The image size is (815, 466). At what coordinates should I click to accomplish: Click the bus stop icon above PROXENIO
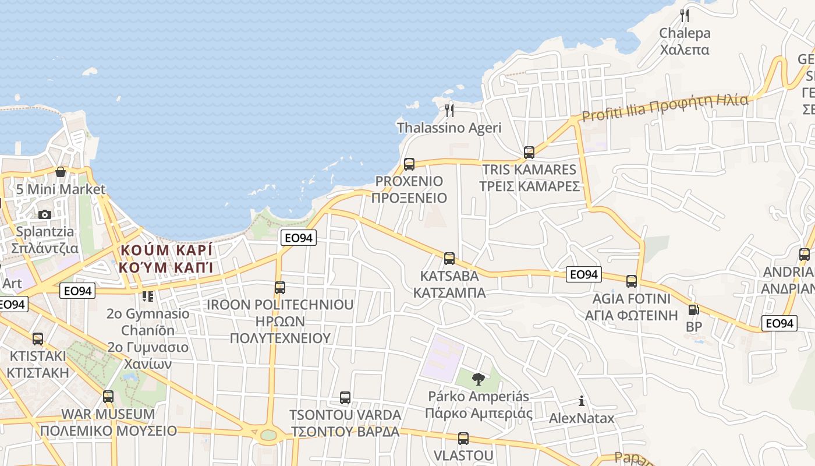click(409, 164)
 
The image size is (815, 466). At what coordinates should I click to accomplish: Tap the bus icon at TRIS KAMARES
click(529, 153)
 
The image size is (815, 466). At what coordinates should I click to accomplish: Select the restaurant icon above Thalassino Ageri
click(449, 110)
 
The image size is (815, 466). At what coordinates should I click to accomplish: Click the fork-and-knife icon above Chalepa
click(685, 16)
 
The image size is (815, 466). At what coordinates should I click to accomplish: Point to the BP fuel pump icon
click(693, 310)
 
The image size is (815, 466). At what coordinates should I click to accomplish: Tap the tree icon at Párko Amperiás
click(478, 379)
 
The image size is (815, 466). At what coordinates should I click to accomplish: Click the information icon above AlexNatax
click(581, 401)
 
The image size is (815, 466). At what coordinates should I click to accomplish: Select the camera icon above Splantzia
click(45, 214)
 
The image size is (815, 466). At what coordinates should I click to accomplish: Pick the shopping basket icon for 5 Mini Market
click(61, 172)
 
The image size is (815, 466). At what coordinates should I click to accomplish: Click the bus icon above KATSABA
click(449, 258)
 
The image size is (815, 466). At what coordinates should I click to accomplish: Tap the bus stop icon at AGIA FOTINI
click(632, 281)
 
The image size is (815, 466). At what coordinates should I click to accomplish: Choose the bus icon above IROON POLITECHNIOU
click(280, 287)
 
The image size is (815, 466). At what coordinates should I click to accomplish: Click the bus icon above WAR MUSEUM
click(108, 397)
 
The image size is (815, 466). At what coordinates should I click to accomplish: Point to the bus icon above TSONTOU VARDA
click(345, 398)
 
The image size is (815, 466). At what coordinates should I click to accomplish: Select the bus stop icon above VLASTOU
click(463, 439)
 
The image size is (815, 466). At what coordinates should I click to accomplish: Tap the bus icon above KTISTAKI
click(38, 338)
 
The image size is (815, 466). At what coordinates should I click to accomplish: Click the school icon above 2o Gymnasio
click(148, 296)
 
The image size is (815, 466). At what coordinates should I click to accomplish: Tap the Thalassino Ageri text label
click(449, 128)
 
